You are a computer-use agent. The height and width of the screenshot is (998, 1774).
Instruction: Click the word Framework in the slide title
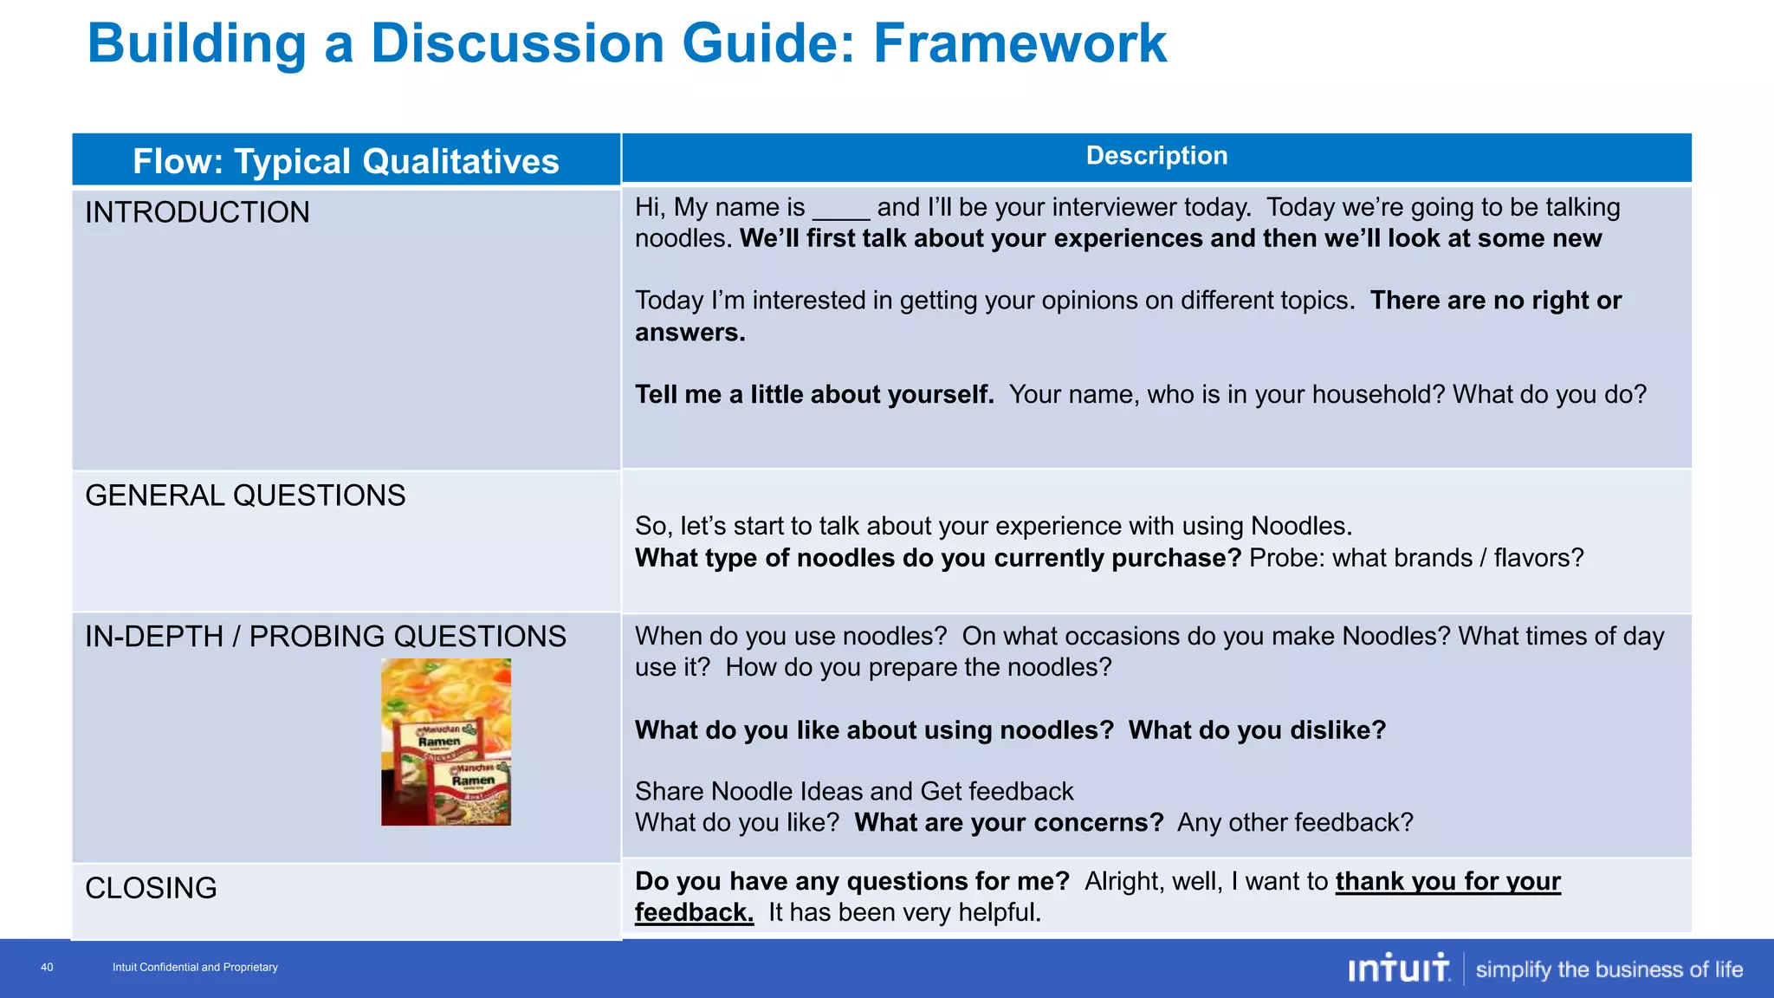pyautogui.click(x=1020, y=43)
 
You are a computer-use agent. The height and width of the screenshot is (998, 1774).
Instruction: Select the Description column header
pyautogui.click(x=1156, y=156)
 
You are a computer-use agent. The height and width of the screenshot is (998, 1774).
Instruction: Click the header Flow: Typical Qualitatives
pyautogui.click(x=346, y=161)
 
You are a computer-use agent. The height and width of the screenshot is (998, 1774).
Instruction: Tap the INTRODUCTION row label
pyautogui.click(x=197, y=212)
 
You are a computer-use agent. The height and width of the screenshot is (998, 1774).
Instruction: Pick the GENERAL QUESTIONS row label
pyautogui.click(x=245, y=496)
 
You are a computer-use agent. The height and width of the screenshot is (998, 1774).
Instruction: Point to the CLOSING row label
pyautogui.click(x=151, y=888)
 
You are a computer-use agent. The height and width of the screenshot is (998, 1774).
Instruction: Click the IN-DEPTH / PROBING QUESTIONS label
pyautogui.click(x=325, y=637)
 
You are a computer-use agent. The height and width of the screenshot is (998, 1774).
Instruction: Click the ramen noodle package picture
pyautogui.click(x=446, y=742)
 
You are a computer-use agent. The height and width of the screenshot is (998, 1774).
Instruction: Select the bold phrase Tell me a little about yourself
pyautogui.click(x=814, y=395)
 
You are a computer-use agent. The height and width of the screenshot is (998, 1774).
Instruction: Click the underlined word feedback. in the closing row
pyautogui.click(x=694, y=913)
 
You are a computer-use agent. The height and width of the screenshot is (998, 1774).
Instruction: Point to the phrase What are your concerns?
pyautogui.click(x=1008, y=823)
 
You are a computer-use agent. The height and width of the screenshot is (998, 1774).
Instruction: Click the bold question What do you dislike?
pyautogui.click(x=1257, y=730)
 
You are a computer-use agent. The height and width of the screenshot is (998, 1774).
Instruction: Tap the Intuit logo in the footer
pyautogui.click(x=1398, y=969)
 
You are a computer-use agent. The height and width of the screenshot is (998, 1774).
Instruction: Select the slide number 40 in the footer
pyautogui.click(x=47, y=968)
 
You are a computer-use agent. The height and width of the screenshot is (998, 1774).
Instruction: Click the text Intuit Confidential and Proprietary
pyautogui.click(x=195, y=968)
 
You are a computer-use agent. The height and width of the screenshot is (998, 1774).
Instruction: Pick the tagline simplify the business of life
pyautogui.click(x=1609, y=969)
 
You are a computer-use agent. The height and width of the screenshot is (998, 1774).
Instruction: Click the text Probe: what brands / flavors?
pyautogui.click(x=1415, y=559)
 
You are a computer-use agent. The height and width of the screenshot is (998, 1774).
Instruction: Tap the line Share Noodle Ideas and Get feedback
pyautogui.click(x=853, y=792)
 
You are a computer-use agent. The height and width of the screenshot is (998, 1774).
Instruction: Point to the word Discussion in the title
pyautogui.click(x=517, y=43)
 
